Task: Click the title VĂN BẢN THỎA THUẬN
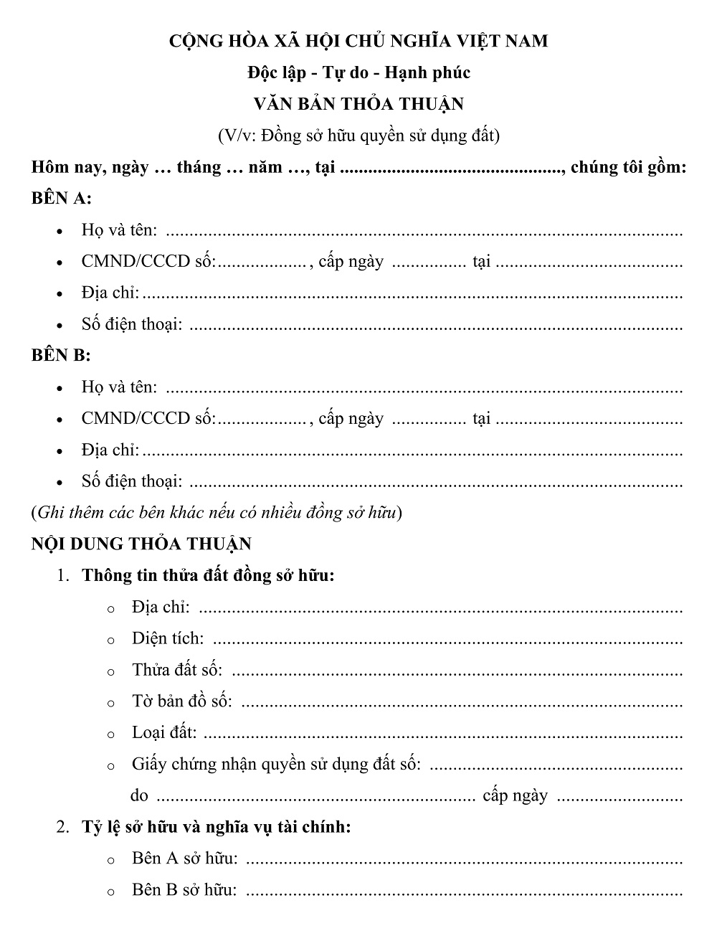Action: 358,104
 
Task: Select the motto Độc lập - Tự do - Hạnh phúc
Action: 358,72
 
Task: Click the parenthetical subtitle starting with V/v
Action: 358,135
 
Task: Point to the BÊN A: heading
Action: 61,199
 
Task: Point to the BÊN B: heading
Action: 61,356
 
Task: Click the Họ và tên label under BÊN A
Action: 119,230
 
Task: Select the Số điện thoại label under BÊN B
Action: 132,481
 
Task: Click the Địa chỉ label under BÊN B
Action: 110,450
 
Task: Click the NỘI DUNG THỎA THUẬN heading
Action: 141,544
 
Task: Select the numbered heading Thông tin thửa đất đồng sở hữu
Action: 208,575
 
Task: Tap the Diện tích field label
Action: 168,638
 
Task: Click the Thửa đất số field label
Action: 177,670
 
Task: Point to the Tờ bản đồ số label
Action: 182,701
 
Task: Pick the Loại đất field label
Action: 164,733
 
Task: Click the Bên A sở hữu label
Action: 185,859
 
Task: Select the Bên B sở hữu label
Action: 184,890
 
